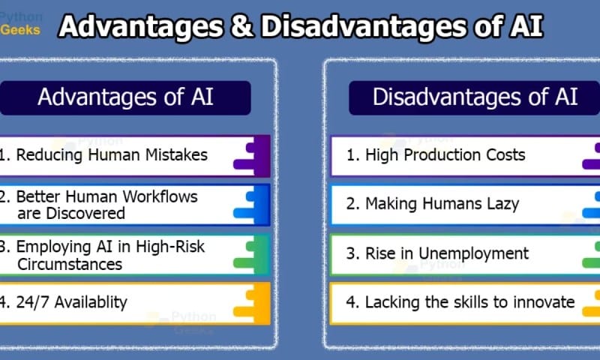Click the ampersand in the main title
point(242,26)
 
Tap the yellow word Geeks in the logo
point(20,30)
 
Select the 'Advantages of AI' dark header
point(125,97)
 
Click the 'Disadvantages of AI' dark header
point(475,97)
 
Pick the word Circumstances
point(70,264)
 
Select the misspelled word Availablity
point(91,302)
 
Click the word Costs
point(505,155)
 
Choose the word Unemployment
point(474,253)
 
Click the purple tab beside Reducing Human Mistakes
point(252,156)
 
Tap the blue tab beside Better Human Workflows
point(252,205)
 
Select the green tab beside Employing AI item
point(252,254)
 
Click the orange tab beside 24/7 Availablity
point(252,304)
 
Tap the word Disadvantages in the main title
point(364,26)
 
